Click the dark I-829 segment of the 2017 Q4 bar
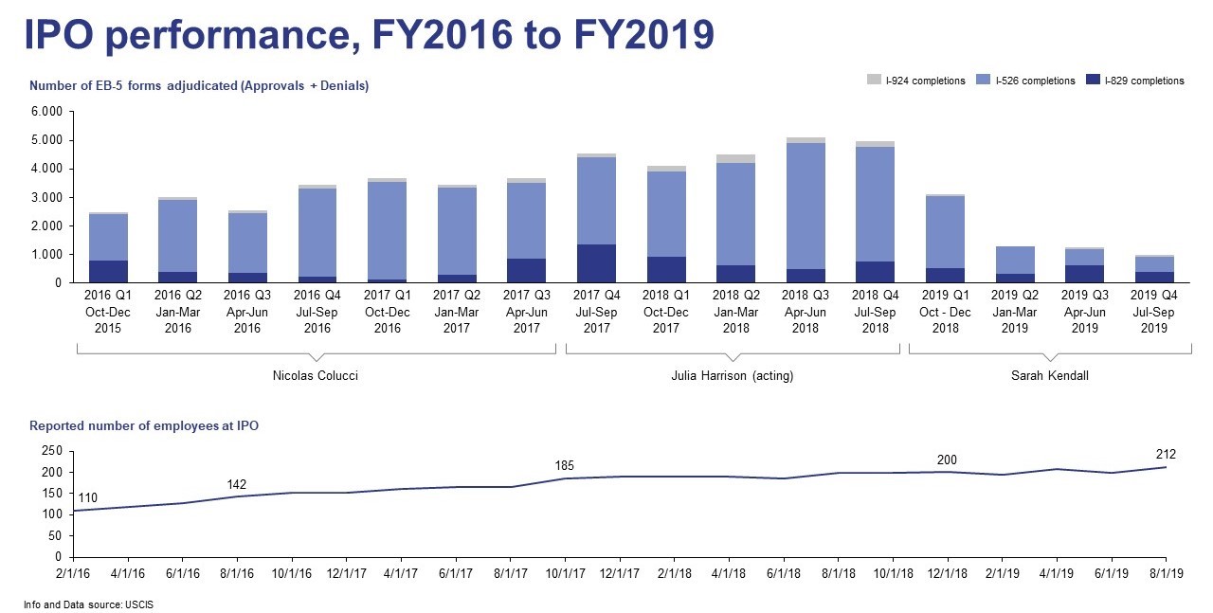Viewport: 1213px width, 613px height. coord(596,263)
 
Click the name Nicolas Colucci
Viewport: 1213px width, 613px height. coord(315,376)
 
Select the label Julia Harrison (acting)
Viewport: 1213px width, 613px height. coord(732,376)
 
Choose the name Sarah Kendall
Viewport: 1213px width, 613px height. coord(1050,376)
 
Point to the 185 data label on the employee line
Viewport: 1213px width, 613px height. coord(565,465)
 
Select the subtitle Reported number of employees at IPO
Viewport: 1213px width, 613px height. coord(144,426)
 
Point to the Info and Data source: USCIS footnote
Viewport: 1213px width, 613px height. coord(86,604)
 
